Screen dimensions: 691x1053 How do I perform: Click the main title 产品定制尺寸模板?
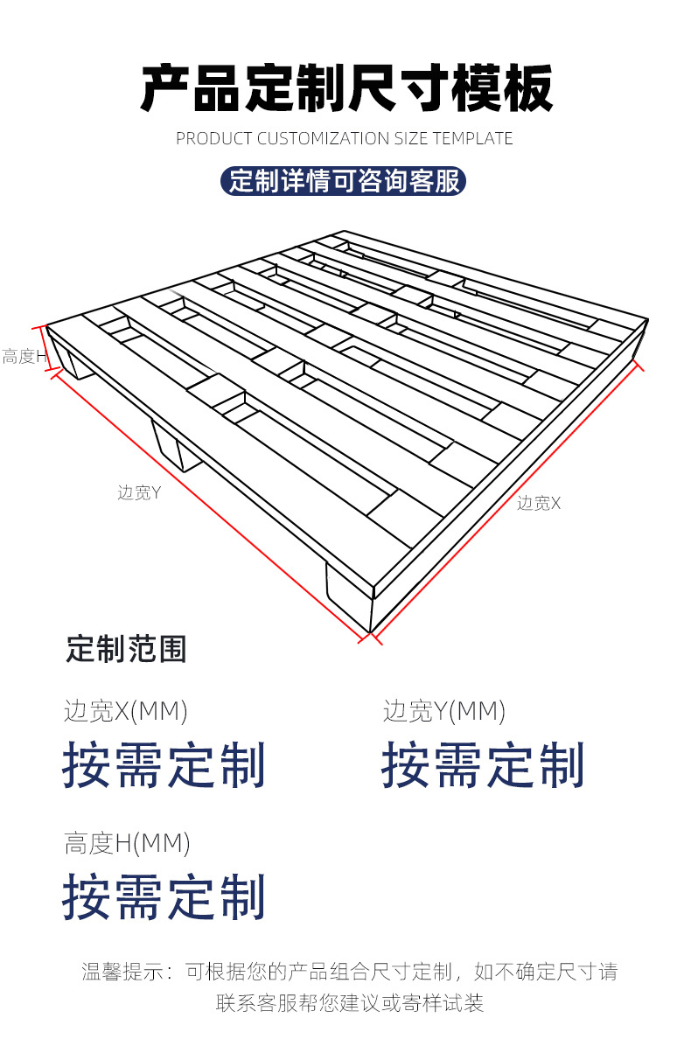coord(346,88)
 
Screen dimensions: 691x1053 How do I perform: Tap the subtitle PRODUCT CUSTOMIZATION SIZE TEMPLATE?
coord(345,138)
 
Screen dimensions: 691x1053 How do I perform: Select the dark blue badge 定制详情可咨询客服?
coord(344,181)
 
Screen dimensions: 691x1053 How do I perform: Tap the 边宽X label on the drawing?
coord(538,503)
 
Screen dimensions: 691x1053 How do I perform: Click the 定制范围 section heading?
coord(126,649)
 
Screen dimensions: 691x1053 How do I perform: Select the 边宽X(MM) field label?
coord(126,711)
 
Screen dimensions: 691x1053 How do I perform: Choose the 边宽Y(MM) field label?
coord(444,711)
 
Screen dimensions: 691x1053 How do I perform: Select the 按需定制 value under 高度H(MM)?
coord(164,897)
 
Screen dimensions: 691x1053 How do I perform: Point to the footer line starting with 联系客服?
coord(350,1003)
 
